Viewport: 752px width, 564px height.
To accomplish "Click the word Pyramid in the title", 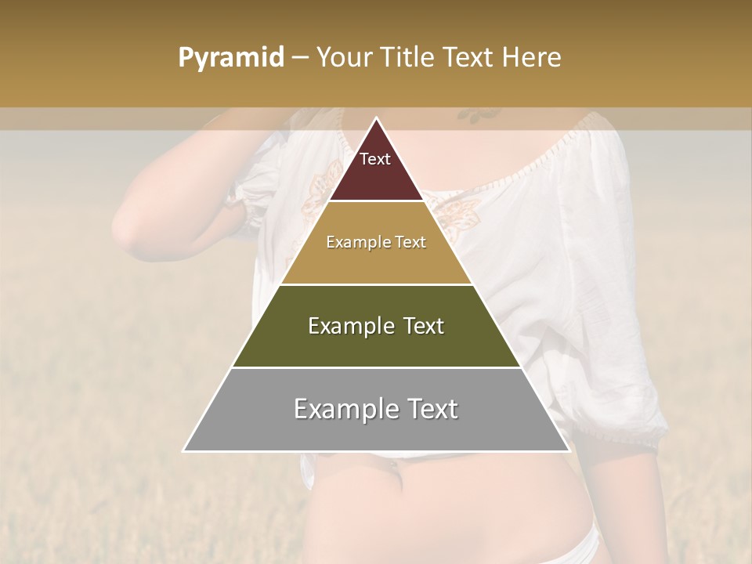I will [x=230, y=58].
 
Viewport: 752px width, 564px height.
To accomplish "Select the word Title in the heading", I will [x=406, y=58].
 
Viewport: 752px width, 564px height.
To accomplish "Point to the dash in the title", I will [x=300, y=58].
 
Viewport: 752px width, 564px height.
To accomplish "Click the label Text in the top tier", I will [x=375, y=159].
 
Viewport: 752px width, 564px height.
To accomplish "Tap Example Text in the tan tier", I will [x=376, y=242].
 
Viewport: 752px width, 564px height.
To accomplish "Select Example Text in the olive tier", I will [x=376, y=326].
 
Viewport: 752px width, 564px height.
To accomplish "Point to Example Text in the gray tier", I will [x=376, y=409].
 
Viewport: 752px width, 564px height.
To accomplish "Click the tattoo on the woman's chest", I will [x=479, y=115].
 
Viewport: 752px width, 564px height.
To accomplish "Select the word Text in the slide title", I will [x=468, y=58].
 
